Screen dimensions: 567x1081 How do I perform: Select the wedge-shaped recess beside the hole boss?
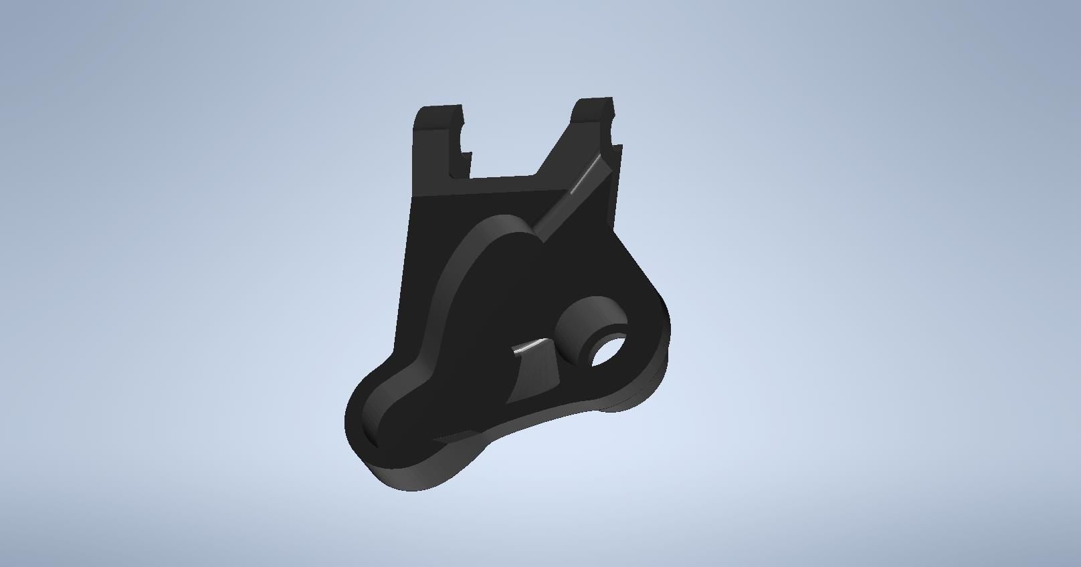click(x=535, y=374)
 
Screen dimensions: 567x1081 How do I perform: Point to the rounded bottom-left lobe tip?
click(x=355, y=428)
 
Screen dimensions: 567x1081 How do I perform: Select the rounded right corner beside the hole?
click(x=659, y=321)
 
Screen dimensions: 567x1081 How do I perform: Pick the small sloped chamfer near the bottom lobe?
click(x=455, y=438)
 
